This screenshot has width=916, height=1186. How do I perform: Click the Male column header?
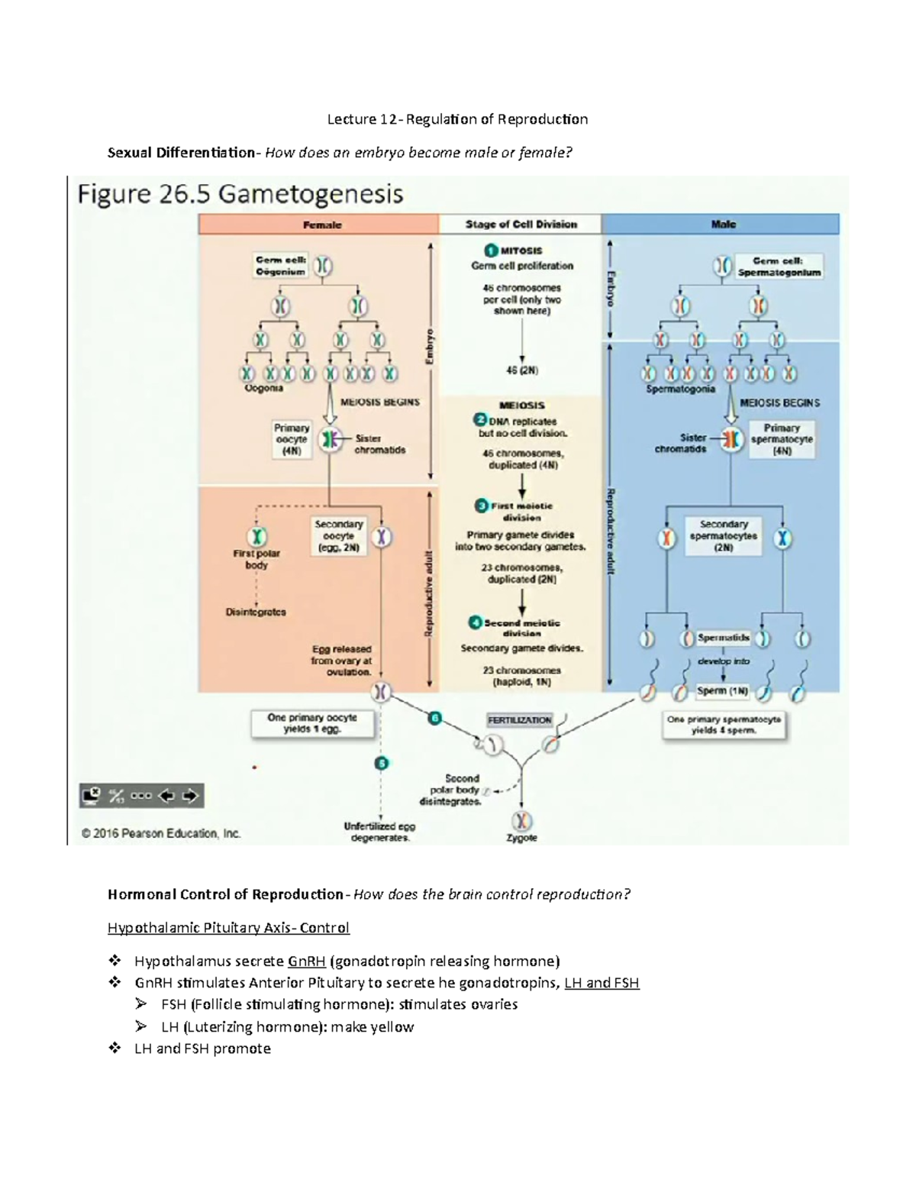tap(722, 224)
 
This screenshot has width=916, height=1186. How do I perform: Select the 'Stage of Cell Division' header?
tap(521, 224)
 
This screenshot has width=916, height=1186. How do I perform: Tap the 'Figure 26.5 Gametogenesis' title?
tap(240, 194)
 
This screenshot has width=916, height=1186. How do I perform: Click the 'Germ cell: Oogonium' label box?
tap(280, 266)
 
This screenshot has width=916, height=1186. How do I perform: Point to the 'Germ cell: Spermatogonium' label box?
tap(779, 267)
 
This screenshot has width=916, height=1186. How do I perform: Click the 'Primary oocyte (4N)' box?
tap(292, 439)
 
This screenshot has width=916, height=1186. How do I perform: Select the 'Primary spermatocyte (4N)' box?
tap(781, 439)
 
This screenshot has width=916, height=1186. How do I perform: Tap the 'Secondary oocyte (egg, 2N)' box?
tap(339, 536)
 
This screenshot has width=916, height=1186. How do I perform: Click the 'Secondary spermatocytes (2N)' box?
tap(723, 535)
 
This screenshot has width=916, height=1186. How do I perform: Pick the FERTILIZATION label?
tap(519, 720)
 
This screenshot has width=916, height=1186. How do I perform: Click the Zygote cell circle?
tap(522, 821)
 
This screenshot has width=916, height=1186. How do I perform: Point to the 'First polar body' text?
tap(256, 559)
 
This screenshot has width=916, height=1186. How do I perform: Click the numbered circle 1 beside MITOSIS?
tap(491, 250)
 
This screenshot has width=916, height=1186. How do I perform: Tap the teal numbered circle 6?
tap(434, 718)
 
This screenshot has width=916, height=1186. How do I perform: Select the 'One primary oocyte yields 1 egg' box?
tap(312, 723)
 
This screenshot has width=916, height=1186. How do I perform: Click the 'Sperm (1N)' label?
tap(722, 690)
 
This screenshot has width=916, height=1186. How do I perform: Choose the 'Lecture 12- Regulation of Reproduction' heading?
tap(457, 119)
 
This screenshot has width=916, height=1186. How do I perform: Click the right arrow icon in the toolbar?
tap(190, 796)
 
